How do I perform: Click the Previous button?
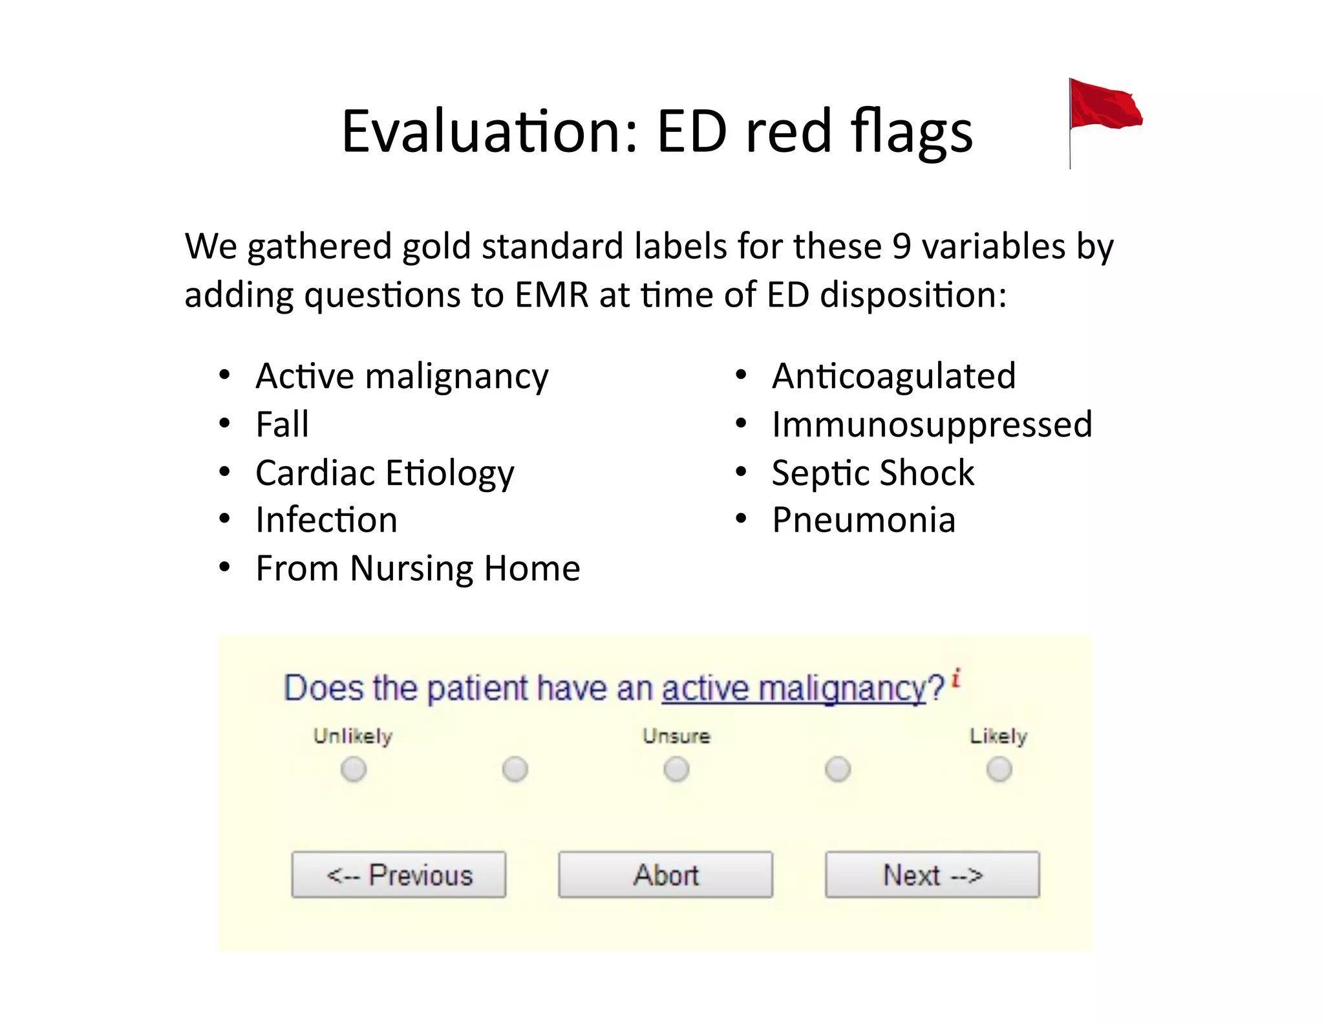tap(398, 874)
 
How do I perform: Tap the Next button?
tap(932, 874)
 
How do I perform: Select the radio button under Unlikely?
tap(354, 770)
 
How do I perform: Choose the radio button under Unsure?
tap(676, 770)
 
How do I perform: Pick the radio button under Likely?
tap(999, 770)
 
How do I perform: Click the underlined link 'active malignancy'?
tap(794, 688)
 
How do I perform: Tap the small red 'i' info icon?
tap(956, 678)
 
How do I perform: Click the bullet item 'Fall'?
tap(282, 425)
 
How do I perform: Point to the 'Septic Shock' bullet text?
tap(873, 473)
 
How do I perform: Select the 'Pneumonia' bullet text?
tap(864, 521)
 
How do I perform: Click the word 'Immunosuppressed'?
tap(932, 425)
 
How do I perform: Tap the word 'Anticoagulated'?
tap(893, 376)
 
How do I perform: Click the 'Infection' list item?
tap(326, 521)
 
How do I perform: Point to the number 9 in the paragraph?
tap(902, 246)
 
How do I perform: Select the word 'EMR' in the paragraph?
tap(551, 296)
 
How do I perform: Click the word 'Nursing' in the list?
tap(412, 569)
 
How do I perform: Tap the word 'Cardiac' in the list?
tap(315, 473)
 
